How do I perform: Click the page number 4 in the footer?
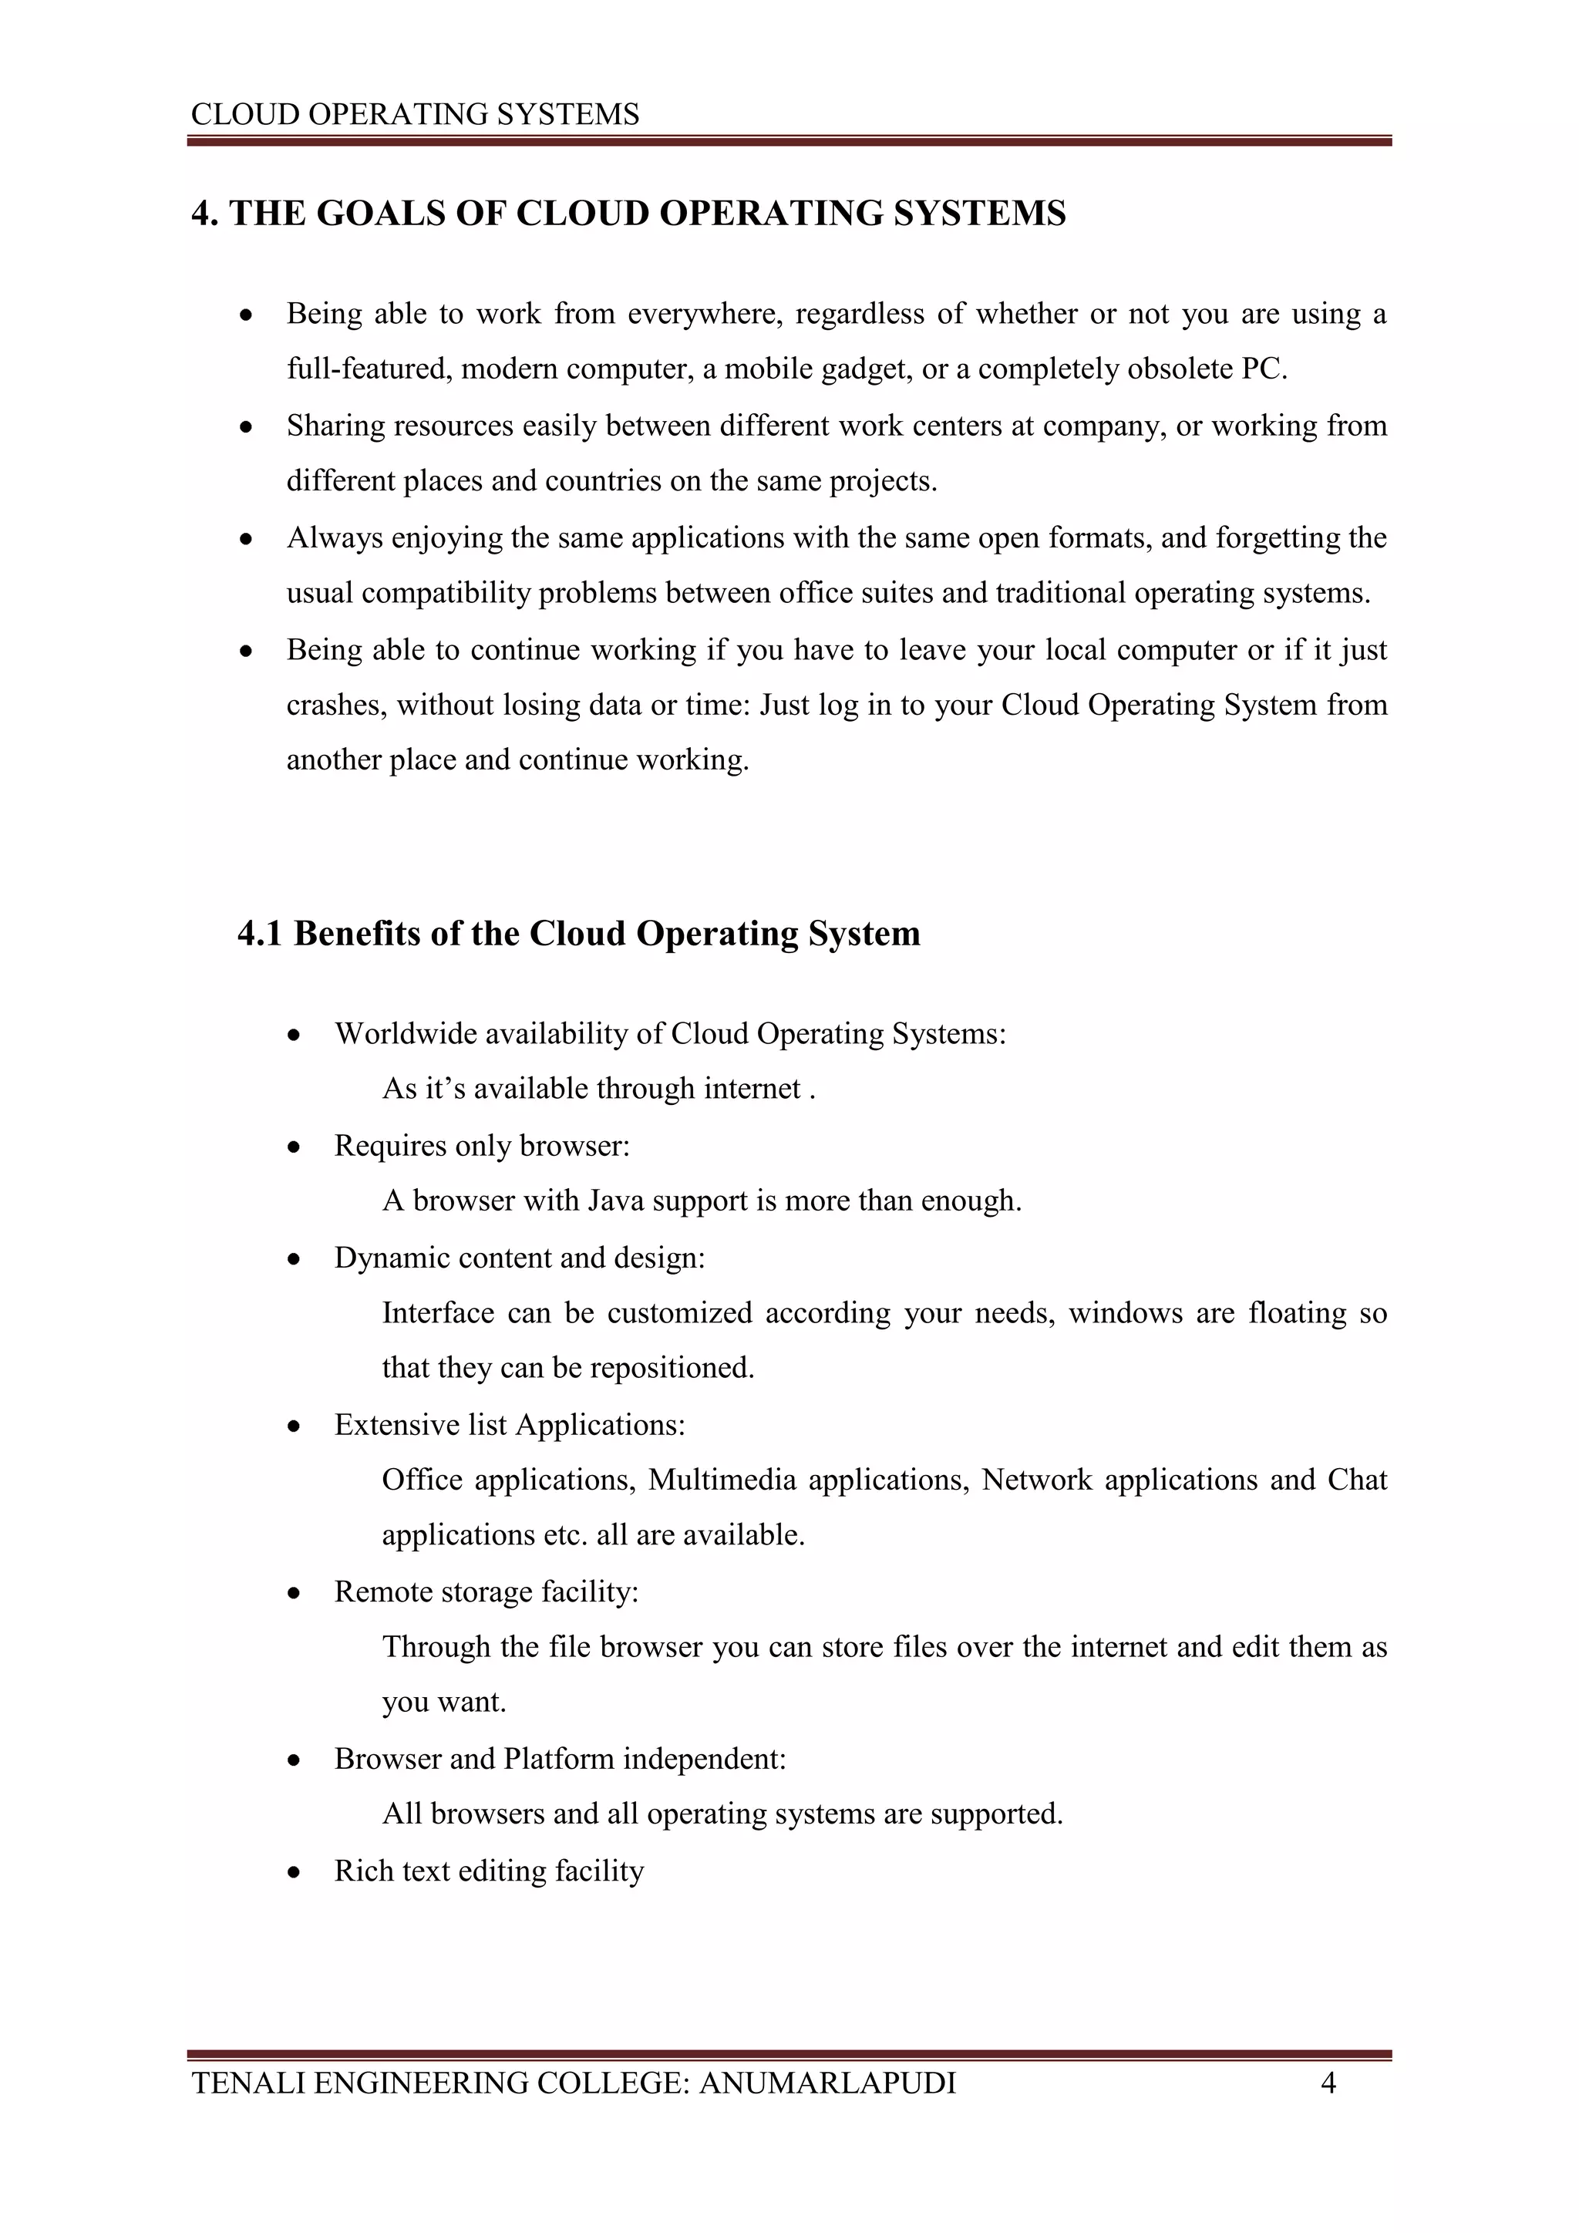tap(1328, 2082)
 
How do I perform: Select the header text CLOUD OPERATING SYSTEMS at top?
tap(415, 115)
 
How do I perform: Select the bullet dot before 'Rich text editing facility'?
tap(294, 1872)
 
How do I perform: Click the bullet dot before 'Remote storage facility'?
tap(294, 1593)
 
